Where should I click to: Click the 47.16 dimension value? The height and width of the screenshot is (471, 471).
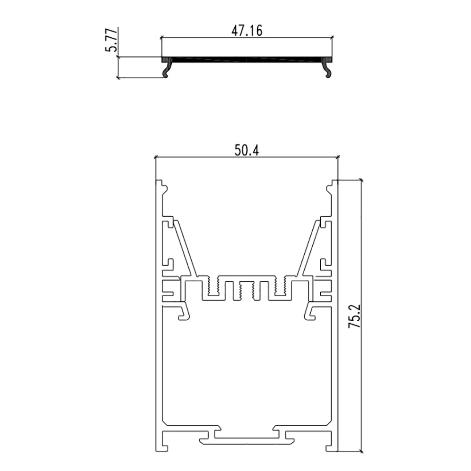247,30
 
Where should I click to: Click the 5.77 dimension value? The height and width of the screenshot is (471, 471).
111,43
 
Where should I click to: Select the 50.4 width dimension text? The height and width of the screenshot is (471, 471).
247,150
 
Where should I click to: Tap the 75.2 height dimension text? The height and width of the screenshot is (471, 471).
355,316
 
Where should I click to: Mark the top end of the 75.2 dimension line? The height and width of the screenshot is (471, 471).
361,180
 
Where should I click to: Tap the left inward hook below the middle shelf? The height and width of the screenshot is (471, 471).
182,312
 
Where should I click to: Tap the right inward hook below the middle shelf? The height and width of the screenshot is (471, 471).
311,312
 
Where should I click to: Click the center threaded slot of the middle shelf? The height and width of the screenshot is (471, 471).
246,290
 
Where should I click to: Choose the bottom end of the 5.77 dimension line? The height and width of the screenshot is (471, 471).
118,78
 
